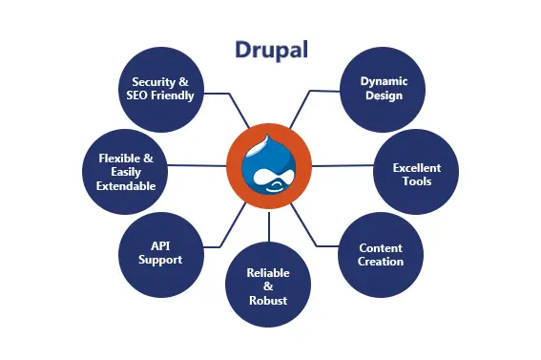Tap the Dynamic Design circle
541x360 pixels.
pyautogui.click(x=381, y=88)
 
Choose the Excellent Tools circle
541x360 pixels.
pyautogui.click(x=417, y=174)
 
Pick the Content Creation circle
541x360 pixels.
pyautogui.click(x=381, y=254)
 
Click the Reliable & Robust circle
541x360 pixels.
pyautogui.click(x=269, y=286)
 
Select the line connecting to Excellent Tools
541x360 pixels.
pyautogui.click(x=343, y=165)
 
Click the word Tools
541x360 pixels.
pyautogui.click(x=417, y=181)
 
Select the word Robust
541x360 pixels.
pyautogui.click(x=269, y=300)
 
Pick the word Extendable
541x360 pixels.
pyautogui.click(x=126, y=186)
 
